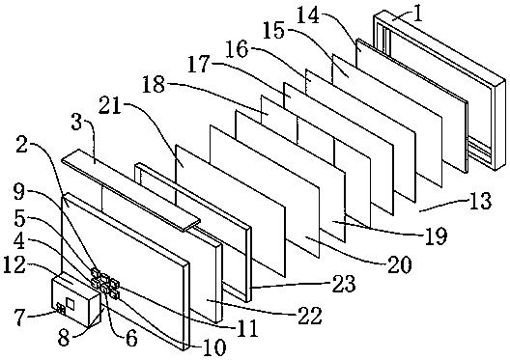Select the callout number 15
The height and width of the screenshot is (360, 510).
point(273,30)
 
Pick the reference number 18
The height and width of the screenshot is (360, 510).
point(154,85)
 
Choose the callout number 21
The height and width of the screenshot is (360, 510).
point(110,105)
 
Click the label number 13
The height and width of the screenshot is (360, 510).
point(480,201)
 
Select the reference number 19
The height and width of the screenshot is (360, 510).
point(436,235)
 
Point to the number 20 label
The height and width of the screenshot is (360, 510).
point(400,264)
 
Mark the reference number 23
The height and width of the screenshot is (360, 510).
point(344,284)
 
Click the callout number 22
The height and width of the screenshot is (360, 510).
point(309,316)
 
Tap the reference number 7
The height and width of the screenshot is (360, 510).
point(19,318)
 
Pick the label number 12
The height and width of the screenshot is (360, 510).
point(14,265)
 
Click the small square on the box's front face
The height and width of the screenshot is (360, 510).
point(71,303)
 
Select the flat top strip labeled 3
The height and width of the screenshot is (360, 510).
point(130,190)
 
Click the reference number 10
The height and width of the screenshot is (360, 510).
point(214,347)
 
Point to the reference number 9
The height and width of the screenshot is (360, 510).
point(19,193)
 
